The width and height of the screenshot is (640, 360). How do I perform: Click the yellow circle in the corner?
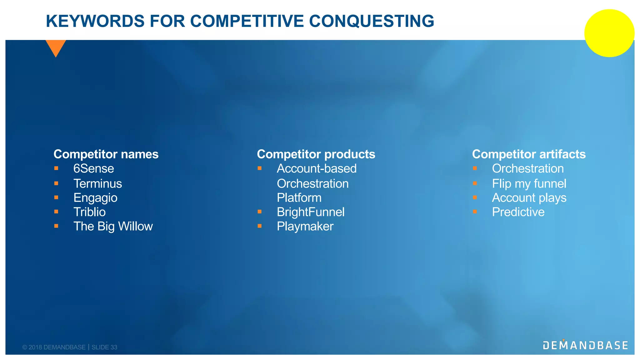[x=609, y=33]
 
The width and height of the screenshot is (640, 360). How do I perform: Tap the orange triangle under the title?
[x=56, y=47]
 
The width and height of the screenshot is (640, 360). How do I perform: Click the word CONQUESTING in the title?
[x=372, y=21]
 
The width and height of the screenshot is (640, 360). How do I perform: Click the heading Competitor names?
[x=106, y=154]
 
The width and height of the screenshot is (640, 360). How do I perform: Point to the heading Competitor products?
[x=316, y=154]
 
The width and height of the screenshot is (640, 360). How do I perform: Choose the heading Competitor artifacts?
[x=529, y=154]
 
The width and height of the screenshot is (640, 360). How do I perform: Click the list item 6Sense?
[x=93, y=169]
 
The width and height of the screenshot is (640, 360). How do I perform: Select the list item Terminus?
[x=97, y=184]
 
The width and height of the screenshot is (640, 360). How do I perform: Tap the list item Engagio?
[x=95, y=198]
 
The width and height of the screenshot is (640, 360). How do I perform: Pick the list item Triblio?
[x=89, y=212]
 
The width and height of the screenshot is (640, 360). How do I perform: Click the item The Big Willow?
[x=113, y=227]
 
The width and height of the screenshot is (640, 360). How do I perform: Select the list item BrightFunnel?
[x=311, y=212]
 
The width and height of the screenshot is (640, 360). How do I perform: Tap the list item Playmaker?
[x=305, y=227]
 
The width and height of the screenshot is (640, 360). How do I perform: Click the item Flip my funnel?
[x=529, y=184]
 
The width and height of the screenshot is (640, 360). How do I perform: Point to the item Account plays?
[x=529, y=198]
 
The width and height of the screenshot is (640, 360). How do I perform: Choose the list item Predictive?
[x=518, y=212]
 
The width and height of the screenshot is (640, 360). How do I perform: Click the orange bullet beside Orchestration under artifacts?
[x=475, y=168]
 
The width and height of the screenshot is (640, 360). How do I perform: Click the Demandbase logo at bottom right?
[x=585, y=345]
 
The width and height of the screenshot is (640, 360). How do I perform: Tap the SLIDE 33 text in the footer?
[x=104, y=347]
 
